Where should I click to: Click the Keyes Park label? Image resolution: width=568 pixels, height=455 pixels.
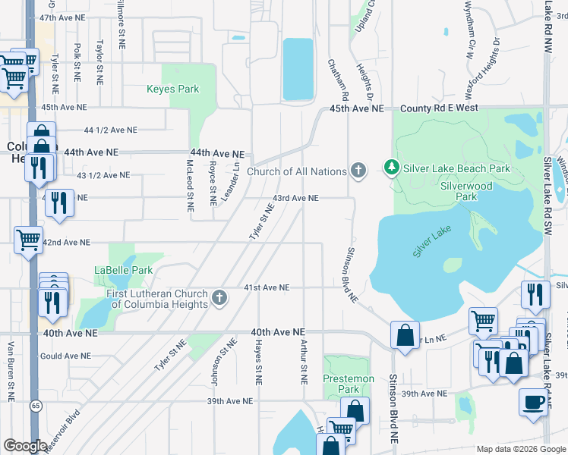pos(172,89)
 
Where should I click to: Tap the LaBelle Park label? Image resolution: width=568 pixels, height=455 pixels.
pos(123,270)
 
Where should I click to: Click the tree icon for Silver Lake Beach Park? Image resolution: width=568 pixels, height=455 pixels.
pos(391,167)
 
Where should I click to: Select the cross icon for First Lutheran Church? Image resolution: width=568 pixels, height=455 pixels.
pos(220,297)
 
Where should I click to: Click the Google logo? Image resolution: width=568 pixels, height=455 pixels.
pos(25,445)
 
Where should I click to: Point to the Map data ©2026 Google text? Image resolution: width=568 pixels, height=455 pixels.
pos(520,449)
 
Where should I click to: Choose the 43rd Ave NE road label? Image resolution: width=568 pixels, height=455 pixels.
pos(296,198)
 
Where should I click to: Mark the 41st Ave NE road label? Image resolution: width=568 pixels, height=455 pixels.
pos(267,287)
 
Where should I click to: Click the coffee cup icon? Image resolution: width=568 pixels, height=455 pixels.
pos(533,401)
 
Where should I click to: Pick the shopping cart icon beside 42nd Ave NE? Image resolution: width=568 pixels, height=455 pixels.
pos(29,240)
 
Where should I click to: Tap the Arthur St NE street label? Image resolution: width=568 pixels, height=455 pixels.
pos(303,362)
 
